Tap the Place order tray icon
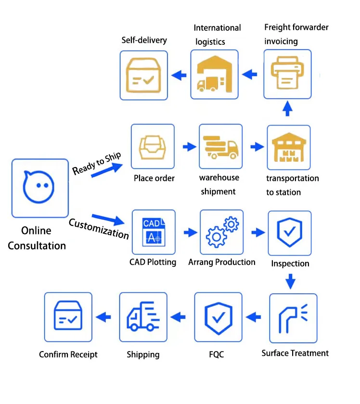tap(153, 146)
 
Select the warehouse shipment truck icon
tap(220, 146)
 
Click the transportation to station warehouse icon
tap(289, 147)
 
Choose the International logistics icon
tap(214, 74)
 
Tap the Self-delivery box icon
tap(143, 75)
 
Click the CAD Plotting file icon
tap(154, 232)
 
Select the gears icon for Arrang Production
tap(221, 232)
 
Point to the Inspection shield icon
tap(289, 233)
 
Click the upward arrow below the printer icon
tap(287, 108)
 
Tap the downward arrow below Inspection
tap(290, 281)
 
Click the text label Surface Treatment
tap(295, 353)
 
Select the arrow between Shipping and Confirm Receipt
tap(104, 317)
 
